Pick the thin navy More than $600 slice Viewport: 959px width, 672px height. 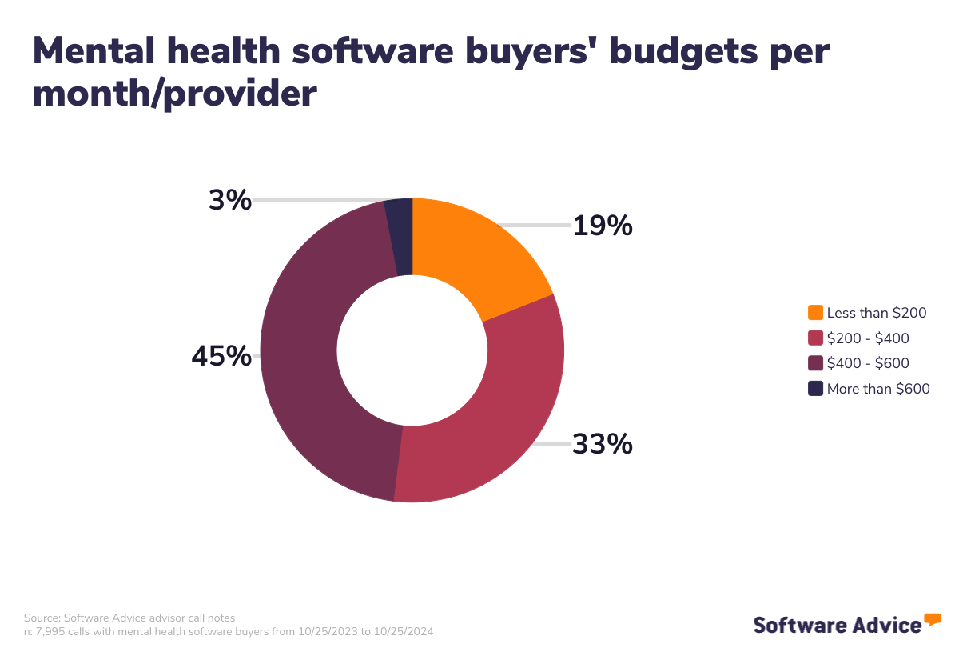pyautogui.click(x=400, y=237)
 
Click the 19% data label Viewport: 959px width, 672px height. pyautogui.click(x=603, y=227)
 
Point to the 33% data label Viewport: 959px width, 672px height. pyautogui.click(x=603, y=444)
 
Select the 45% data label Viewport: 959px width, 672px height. pyautogui.click(x=221, y=357)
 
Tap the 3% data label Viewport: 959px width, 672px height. pyautogui.click(x=230, y=201)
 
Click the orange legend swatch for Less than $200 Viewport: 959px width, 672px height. pyautogui.click(x=815, y=313)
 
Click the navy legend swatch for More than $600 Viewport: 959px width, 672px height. pyautogui.click(x=815, y=389)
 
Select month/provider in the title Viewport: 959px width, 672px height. pyautogui.click(x=175, y=94)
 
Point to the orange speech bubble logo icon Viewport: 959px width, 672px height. pyautogui.click(x=933, y=618)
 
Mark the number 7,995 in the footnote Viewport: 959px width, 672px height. pyautogui.click(x=49, y=631)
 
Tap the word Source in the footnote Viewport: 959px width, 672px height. pyautogui.click(x=41, y=618)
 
